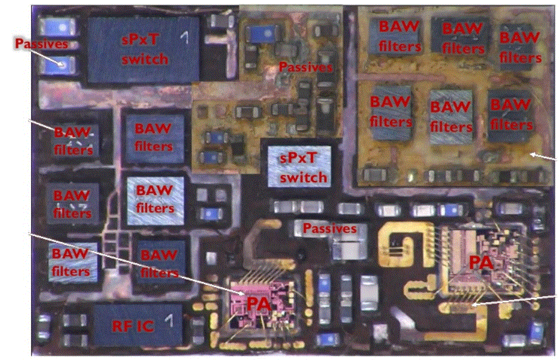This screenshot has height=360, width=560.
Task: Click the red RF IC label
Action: pos(133,326)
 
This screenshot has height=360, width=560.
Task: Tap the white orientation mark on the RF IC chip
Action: pos(169,320)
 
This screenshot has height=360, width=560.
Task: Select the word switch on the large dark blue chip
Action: pos(145,58)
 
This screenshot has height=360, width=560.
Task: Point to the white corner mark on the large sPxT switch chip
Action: pos(184,37)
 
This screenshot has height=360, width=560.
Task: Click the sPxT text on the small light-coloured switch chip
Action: pos(298,157)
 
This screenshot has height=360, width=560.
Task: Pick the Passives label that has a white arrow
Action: pos(41,43)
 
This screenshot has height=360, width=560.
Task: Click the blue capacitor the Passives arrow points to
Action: pos(58,65)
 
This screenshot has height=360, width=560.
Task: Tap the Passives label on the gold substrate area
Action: pos(306,67)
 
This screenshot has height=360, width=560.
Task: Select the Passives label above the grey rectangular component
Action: pos(330,229)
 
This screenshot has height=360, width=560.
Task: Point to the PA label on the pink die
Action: pos(259,305)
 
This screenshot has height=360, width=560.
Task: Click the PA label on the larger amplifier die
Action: pos(481,262)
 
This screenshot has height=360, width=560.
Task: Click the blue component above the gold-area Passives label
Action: pos(265,34)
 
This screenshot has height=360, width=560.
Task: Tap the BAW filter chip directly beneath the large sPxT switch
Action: pos(154,137)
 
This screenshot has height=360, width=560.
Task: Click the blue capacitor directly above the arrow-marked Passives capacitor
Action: pos(58,27)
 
